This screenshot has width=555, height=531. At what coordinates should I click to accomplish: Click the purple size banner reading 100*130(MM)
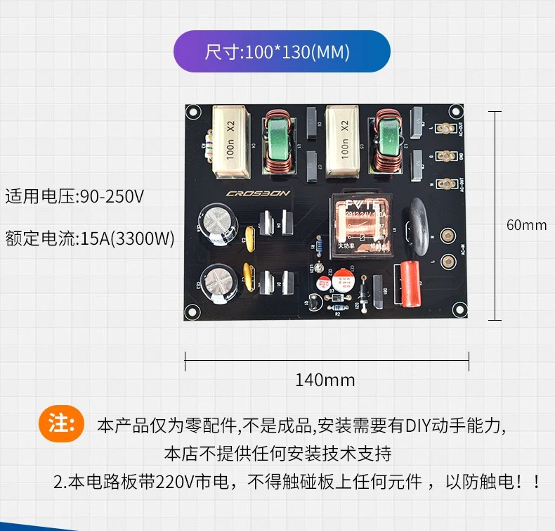click(281, 51)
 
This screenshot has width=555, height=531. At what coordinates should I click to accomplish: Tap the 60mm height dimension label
click(525, 226)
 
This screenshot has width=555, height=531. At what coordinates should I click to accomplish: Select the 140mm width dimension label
click(325, 380)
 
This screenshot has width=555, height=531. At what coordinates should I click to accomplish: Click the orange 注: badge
click(62, 424)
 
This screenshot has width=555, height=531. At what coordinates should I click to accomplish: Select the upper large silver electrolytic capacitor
click(217, 223)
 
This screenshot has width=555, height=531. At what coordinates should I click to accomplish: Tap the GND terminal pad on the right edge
click(444, 156)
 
